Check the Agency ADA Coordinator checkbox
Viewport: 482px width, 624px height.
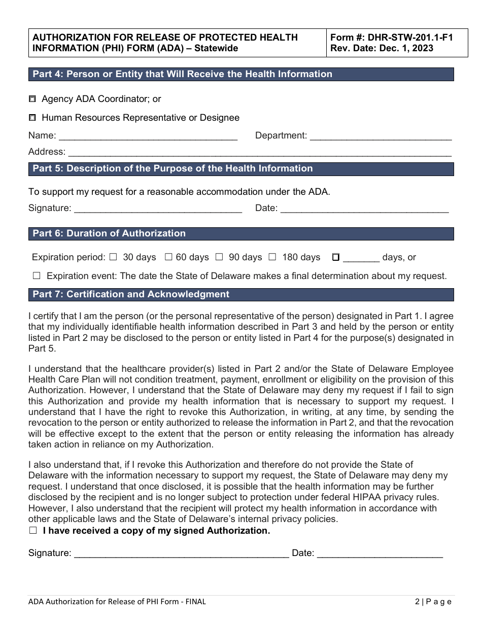point(32,99)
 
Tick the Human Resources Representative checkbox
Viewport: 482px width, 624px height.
point(32,118)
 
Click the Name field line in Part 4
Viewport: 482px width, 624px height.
point(148,136)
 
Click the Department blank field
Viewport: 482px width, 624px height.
point(381,136)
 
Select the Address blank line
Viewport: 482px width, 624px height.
point(259,152)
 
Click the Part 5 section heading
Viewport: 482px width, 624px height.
point(173,168)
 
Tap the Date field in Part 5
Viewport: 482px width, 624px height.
point(364,208)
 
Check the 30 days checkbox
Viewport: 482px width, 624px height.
point(113,257)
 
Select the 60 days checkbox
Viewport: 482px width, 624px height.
point(168,257)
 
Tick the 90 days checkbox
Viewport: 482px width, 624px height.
point(219,257)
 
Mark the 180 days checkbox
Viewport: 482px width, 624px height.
point(272,257)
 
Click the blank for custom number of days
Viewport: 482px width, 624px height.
point(361,258)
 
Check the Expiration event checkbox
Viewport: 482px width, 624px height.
point(37,276)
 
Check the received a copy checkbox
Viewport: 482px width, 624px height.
point(33,531)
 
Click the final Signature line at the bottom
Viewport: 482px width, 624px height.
point(181,553)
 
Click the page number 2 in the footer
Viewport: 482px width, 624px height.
point(417,602)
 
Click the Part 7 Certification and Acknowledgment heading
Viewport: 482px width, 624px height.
point(131,294)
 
